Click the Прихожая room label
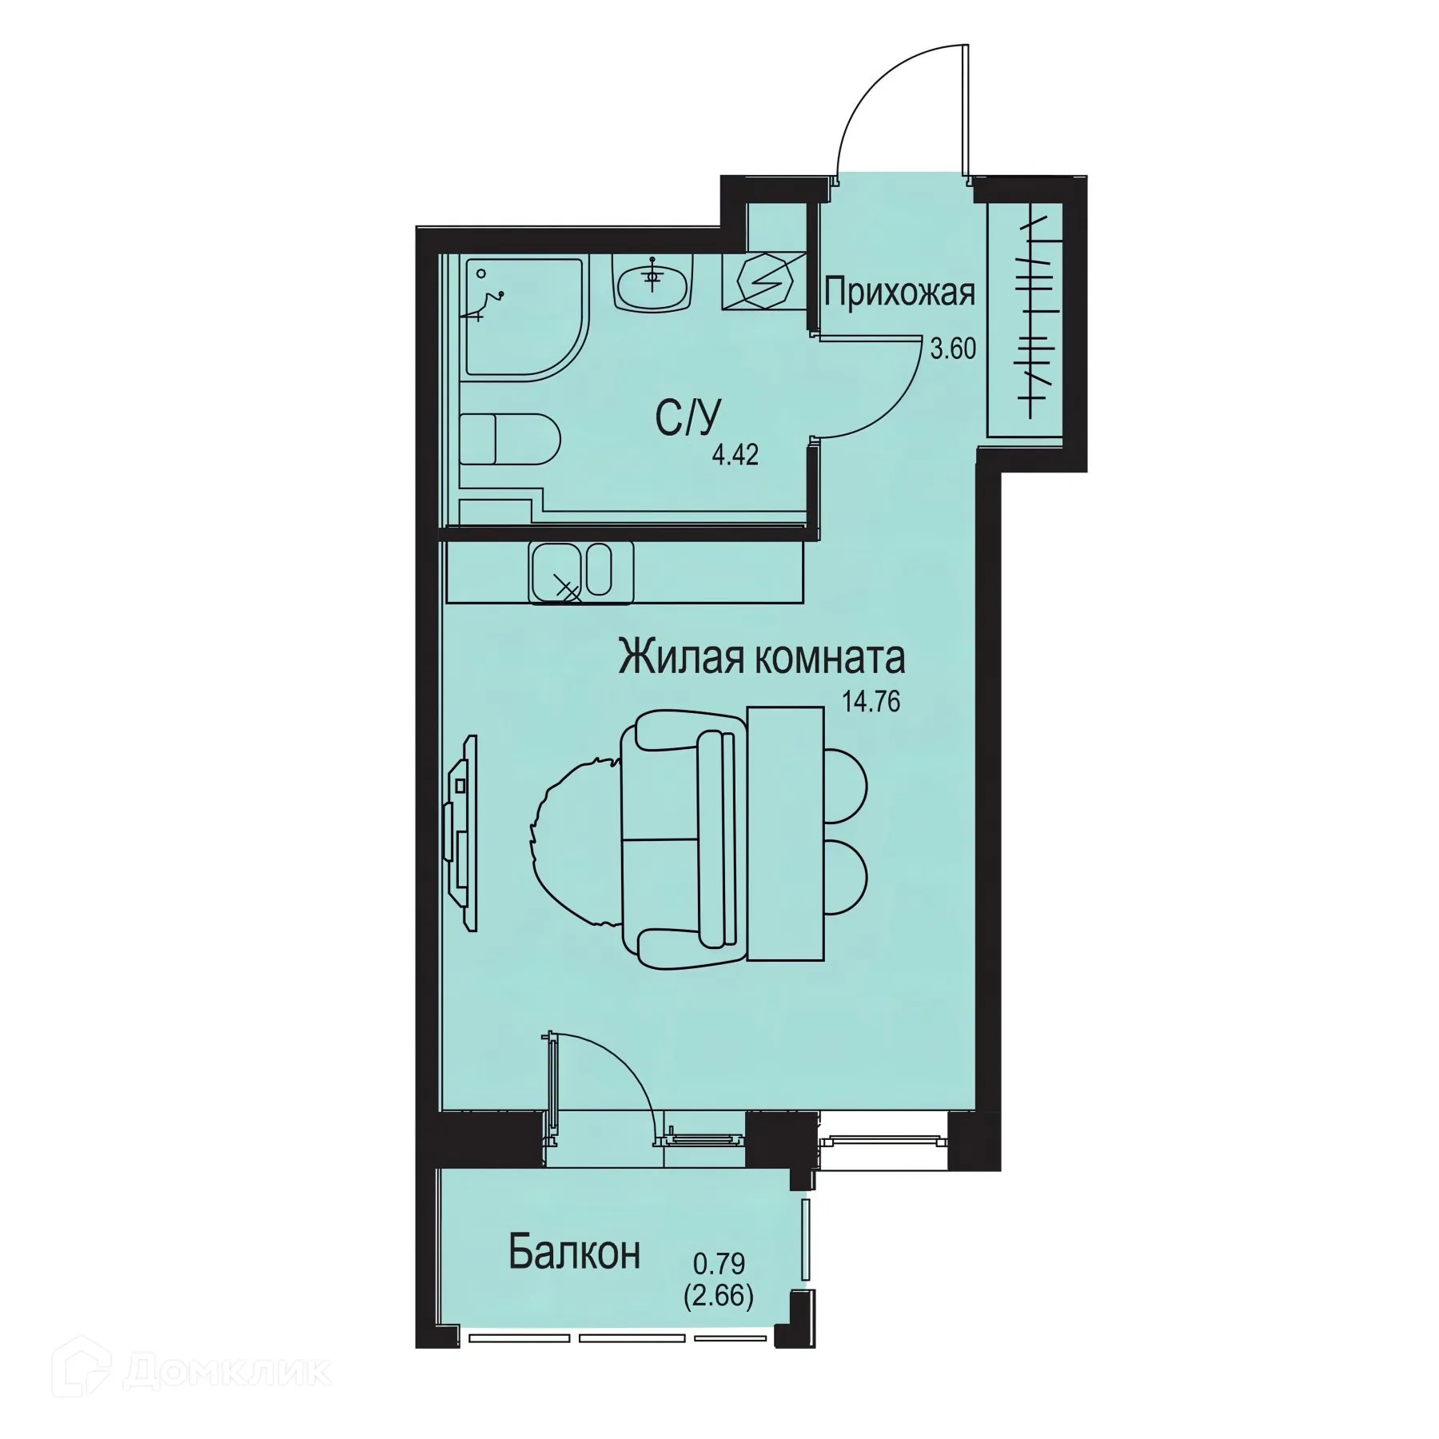(899, 293)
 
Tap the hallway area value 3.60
(953, 349)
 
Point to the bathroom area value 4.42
(735, 456)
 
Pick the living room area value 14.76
(871, 702)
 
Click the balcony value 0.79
(719, 1264)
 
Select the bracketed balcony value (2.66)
(719, 1297)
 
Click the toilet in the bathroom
(512, 440)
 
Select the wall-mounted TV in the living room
(461, 831)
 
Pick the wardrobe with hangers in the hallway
(1025, 319)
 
